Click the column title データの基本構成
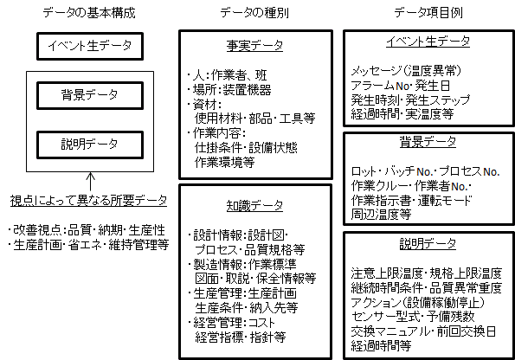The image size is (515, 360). (x=89, y=13)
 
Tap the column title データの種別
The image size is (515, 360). (x=254, y=13)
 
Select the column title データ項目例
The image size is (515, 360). (x=428, y=13)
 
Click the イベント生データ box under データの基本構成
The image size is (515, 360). (x=90, y=46)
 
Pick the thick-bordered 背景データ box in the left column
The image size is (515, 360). (x=90, y=95)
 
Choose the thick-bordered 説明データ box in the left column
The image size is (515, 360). (x=90, y=145)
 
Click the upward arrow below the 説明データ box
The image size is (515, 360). (x=90, y=182)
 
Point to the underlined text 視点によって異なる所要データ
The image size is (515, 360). (x=88, y=201)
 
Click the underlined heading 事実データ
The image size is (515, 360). (x=254, y=45)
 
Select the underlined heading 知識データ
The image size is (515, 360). (x=254, y=206)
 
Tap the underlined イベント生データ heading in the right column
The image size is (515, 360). (x=428, y=42)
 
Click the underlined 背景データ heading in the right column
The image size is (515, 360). (x=428, y=142)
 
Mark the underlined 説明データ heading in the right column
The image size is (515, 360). (x=428, y=244)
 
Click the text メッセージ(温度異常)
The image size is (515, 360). (x=406, y=71)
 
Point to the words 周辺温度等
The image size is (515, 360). (x=381, y=215)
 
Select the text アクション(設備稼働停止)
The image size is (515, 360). (x=417, y=302)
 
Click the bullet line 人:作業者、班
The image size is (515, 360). (x=228, y=75)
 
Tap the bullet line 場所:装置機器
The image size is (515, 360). (x=229, y=90)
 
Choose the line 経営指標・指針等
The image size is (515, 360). (x=241, y=337)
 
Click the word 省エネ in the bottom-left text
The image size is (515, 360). (x=86, y=245)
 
